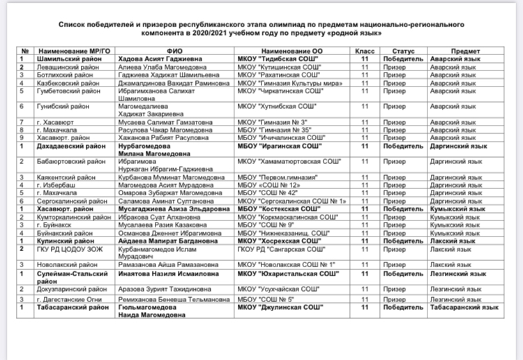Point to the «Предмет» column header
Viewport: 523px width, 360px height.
[x=464, y=52]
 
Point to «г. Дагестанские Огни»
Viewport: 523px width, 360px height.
[x=68, y=299]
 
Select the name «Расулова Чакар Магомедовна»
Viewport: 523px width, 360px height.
[x=165, y=128]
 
